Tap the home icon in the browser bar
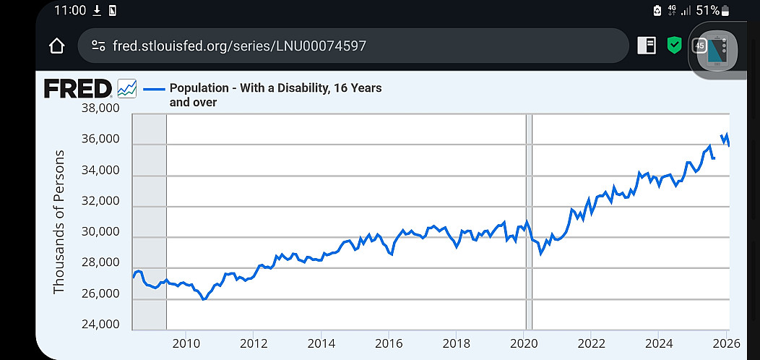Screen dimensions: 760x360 pyautogui.click(x=56, y=46)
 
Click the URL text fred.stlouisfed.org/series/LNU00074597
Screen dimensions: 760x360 pyautogui.click(x=239, y=46)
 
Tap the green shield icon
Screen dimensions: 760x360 pyautogui.click(x=674, y=46)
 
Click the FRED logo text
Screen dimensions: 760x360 pyautogui.click(x=78, y=89)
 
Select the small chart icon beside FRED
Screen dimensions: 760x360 pyautogui.click(x=127, y=89)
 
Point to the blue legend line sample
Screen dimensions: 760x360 pyautogui.click(x=154, y=89)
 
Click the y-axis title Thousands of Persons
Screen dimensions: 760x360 pyautogui.click(x=59, y=222)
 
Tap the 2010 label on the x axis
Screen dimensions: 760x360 pyautogui.click(x=186, y=343)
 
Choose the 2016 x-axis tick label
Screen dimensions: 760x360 pyautogui.click(x=389, y=343)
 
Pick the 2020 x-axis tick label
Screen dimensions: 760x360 pyautogui.click(x=524, y=343)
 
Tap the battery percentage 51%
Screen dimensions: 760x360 pyautogui.click(x=708, y=10)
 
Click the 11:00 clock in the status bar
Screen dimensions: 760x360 pyautogui.click(x=70, y=10)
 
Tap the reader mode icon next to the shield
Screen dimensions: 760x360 pyautogui.click(x=647, y=46)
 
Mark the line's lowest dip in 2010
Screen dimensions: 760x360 pyautogui.click(x=204, y=299)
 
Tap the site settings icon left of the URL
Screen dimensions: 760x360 pyautogui.click(x=98, y=46)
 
